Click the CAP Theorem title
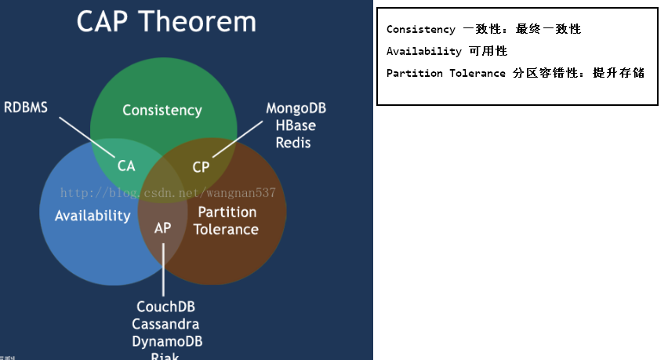click(x=166, y=21)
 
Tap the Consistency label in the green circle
click(x=162, y=111)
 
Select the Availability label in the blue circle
click(x=93, y=216)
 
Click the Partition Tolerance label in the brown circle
click(x=227, y=220)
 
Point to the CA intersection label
click(x=126, y=166)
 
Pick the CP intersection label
click(x=201, y=166)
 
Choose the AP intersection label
click(x=163, y=228)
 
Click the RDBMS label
click(x=26, y=107)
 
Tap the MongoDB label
click(x=295, y=108)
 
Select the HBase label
click(x=295, y=125)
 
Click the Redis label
click(x=294, y=143)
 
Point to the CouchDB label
click(x=165, y=307)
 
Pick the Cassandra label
click(x=165, y=324)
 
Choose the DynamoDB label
click(x=166, y=341)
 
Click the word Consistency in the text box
click(x=420, y=30)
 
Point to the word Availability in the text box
click(x=423, y=52)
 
